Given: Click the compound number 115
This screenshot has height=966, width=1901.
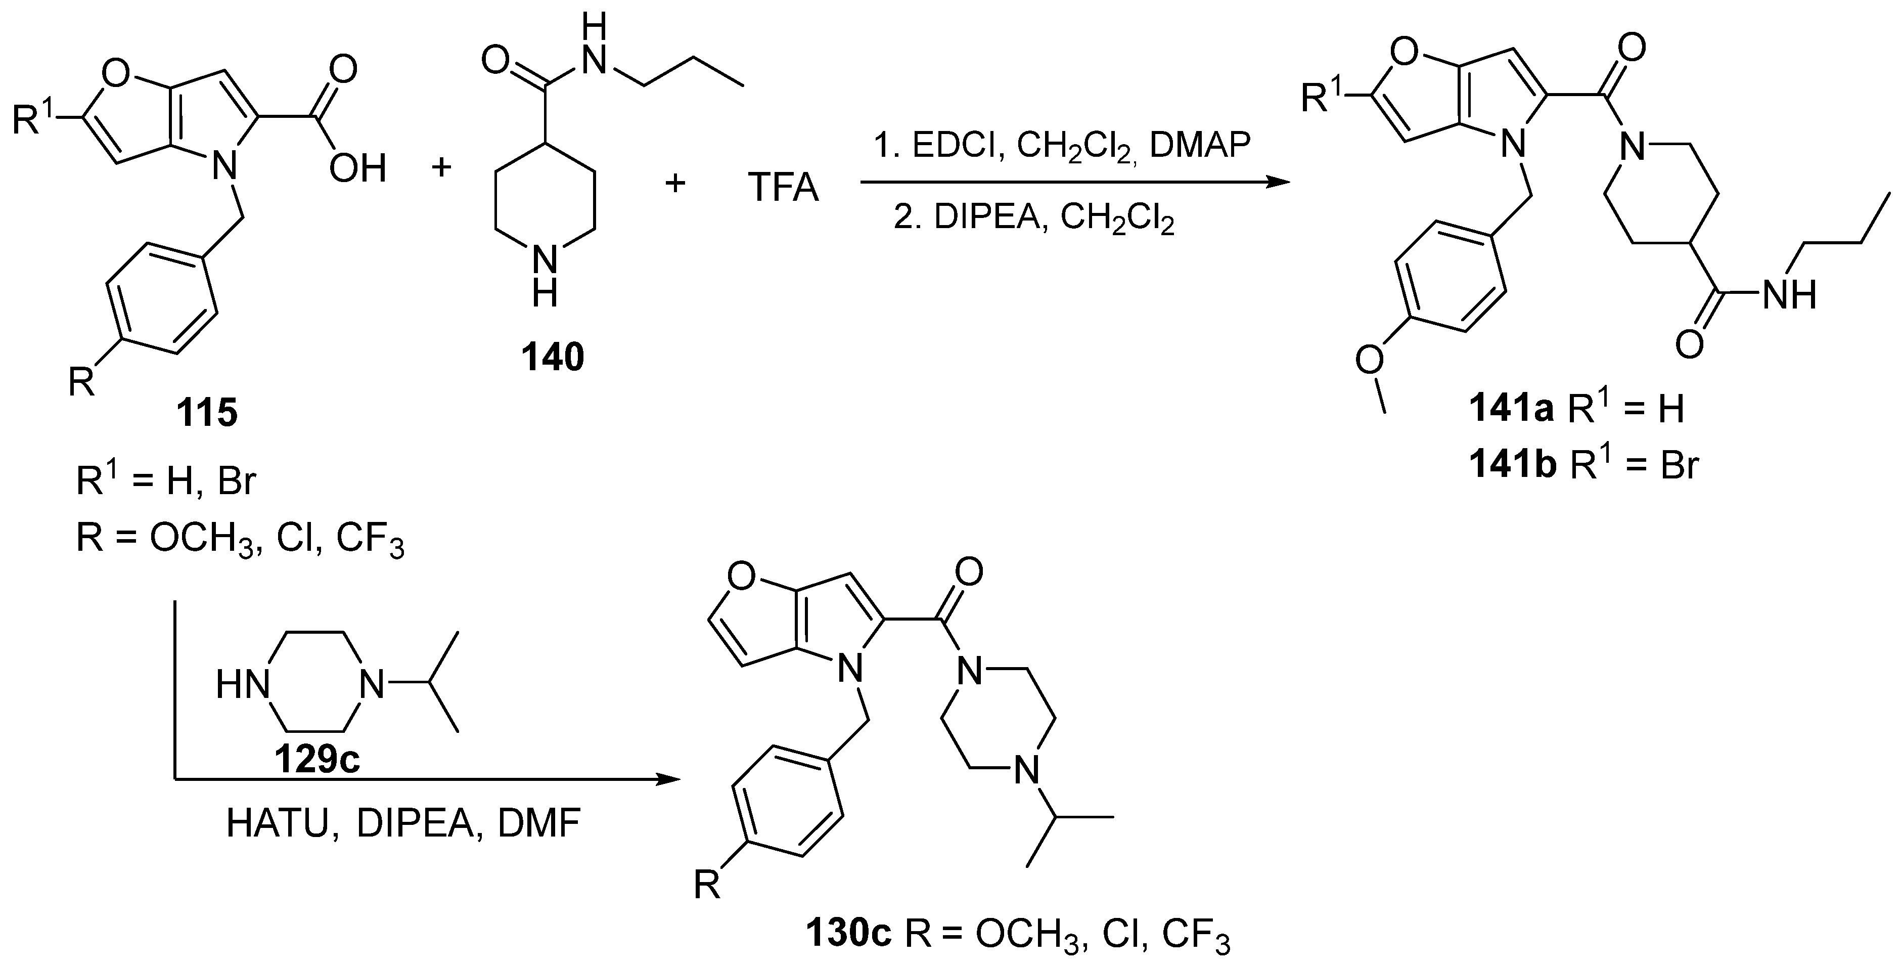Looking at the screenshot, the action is [207, 413].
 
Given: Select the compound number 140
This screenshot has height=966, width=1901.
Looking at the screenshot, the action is [553, 357].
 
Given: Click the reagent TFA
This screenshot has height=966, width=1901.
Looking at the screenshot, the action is [783, 187].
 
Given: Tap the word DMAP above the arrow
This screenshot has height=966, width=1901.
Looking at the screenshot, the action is [1201, 145].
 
